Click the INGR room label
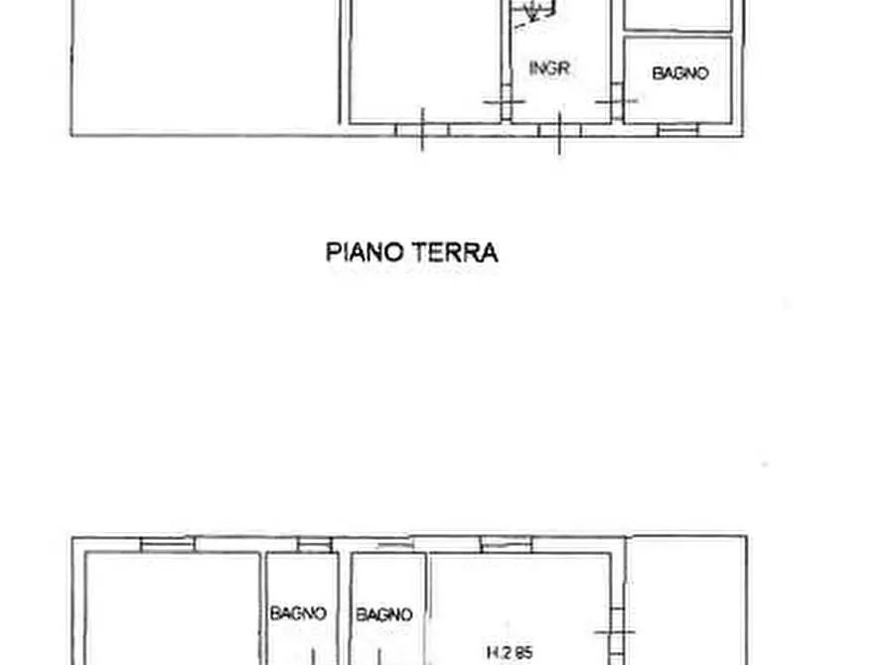coord(549,68)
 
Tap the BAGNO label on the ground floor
coord(680,73)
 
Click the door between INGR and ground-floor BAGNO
coord(616,101)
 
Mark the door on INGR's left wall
coord(504,102)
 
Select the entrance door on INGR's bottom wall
coord(559,131)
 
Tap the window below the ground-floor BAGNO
coord(677,129)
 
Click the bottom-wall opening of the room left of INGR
coord(422,130)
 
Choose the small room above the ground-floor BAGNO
coord(678,14)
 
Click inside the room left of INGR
coord(422,60)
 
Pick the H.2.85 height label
coord(509,652)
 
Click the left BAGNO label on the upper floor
coord(298,614)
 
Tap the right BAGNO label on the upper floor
coord(383,614)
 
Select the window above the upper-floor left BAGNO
coord(314,544)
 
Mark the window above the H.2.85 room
coord(506,543)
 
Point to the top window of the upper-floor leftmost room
coord(166,543)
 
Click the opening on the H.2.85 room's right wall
coord(616,628)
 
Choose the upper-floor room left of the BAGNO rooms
coord(172,610)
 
